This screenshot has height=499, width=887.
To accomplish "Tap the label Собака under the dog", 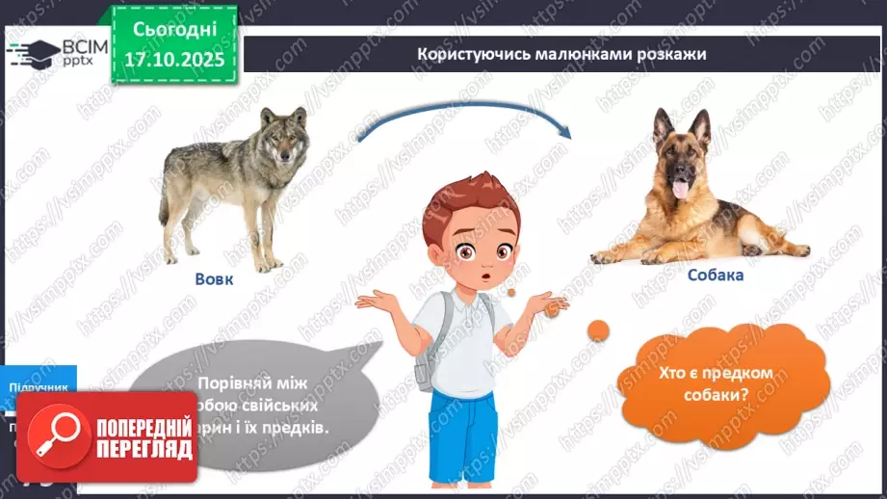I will click(716, 275).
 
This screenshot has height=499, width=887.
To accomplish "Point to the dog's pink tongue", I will click(681, 190).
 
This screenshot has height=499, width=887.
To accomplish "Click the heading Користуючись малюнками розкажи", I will click(561, 54).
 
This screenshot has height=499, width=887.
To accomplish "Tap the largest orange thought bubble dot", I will click(598, 330).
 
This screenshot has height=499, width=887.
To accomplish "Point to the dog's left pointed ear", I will click(663, 125).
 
